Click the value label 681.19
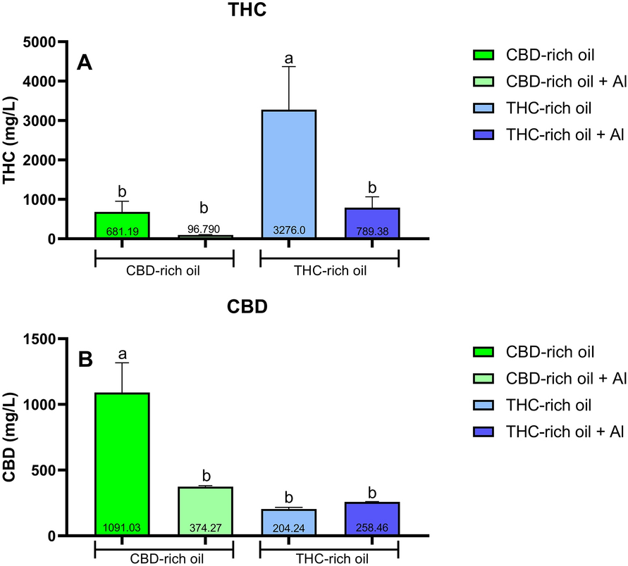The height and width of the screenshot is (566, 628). (122, 231)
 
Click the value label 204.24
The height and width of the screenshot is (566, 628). (288, 528)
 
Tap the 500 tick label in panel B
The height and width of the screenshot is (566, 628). (54, 470)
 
